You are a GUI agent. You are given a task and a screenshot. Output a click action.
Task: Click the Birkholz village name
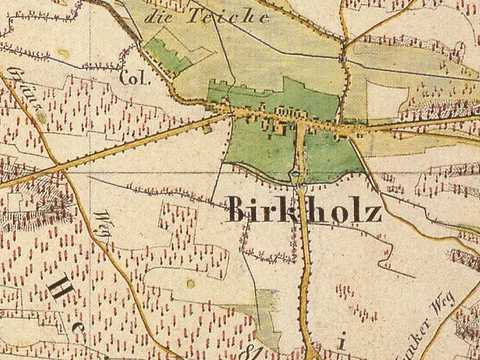(304, 211)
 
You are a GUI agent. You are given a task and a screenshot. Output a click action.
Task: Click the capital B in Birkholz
(238, 211)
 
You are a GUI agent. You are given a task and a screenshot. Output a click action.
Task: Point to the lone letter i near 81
(340, 344)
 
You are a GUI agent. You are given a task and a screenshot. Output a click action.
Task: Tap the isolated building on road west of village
(207, 129)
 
